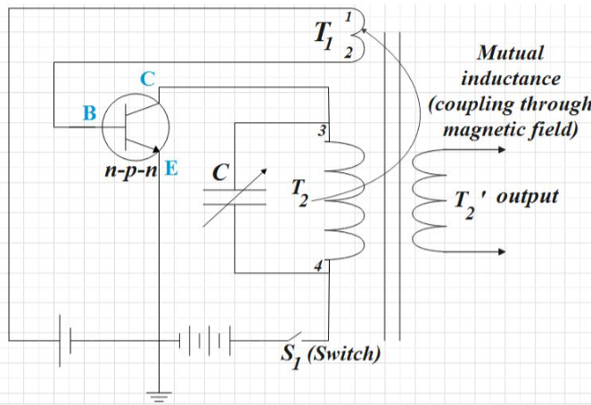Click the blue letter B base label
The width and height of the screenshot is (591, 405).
(x=88, y=113)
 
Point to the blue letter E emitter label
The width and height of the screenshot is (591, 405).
(x=171, y=167)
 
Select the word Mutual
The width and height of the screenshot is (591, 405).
(x=511, y=54)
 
